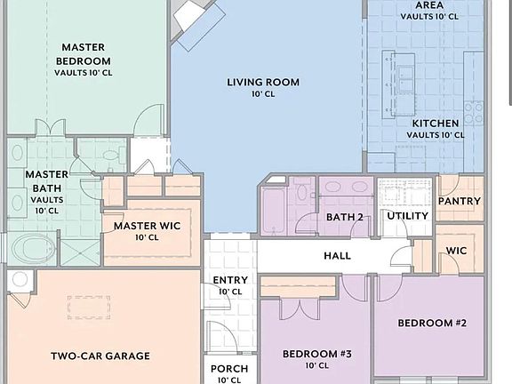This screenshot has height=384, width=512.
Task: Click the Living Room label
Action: [263, 83]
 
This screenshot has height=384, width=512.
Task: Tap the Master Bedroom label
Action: [84, 54]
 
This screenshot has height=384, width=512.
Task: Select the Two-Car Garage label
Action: [100, 356]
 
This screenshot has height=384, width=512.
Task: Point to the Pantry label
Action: [460, 201]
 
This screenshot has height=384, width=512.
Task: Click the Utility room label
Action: [407, 216]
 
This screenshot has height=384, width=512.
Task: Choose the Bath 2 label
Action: [345, 217]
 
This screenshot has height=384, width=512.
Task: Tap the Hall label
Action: [337, 255]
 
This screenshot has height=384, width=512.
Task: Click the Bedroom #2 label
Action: [432, 323]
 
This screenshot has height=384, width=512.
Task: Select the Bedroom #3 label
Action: [317, 354]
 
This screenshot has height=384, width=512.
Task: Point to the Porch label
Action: [229, 369]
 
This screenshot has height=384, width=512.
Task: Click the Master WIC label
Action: [147, 226]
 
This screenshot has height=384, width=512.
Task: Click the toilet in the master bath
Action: [113, 154]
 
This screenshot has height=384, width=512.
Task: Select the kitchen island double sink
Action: [404, 79]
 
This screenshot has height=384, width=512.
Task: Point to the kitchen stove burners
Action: [474, 112]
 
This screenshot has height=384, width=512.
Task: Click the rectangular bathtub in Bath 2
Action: [274, 211]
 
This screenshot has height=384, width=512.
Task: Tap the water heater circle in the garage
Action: [20, 280]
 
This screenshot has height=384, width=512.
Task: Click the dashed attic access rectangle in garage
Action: [89, 308]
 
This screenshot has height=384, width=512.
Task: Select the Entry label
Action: [230, 280]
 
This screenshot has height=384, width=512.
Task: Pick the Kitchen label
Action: [436, 123]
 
